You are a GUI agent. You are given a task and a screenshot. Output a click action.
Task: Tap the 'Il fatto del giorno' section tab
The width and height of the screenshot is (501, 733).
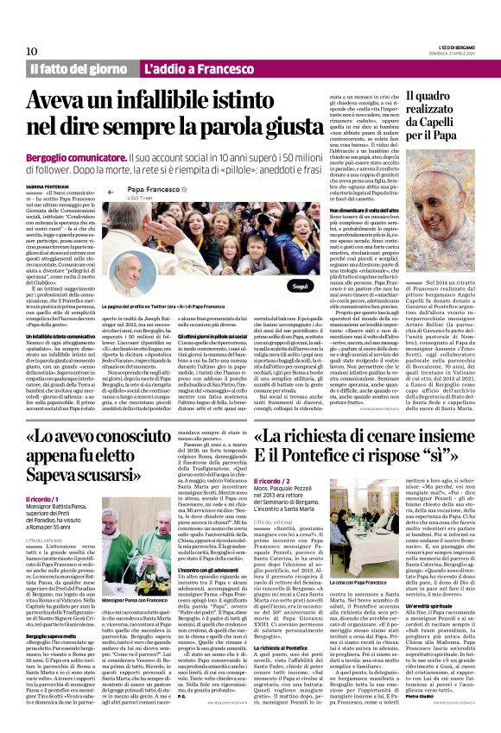coord(78,68)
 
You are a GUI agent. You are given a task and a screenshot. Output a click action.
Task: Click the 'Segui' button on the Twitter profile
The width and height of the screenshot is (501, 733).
coord(300,285)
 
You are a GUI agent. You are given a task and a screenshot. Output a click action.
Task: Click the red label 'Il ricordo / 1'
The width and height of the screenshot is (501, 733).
coord(45,499)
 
